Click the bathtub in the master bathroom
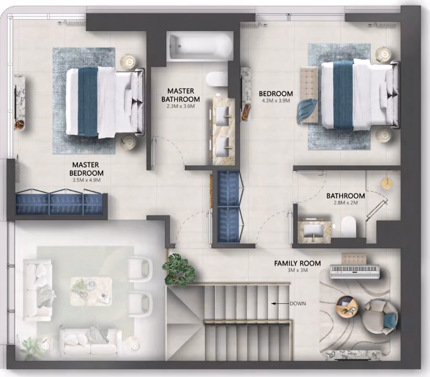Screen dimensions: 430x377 click(x=200, y=47)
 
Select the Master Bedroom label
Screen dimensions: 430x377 click(x=87, y=169)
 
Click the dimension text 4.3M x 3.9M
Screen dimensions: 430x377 click(x=276, y=101)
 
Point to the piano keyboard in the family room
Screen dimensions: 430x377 click(x=355, y=272)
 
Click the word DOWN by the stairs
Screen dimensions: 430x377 click(x=298, y=304)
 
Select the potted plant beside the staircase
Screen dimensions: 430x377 click(x=179, y=270)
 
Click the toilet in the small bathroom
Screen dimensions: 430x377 click(x=349, y=226)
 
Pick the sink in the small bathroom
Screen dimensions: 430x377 click(x=314, y=230)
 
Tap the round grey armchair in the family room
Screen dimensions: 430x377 click(x=380, y=317)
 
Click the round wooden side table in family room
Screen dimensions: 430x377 click(x=347, y=307)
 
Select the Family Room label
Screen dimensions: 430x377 click(x=298, y=263)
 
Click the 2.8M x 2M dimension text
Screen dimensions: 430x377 click(x=346, y=203)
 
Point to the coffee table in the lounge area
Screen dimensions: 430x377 click(x=91, y=291)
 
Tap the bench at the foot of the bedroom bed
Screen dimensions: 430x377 click(x=309, y=95)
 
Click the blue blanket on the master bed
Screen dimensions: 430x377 click(x=88, y=102)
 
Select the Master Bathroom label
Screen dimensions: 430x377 click(x=181, y=95)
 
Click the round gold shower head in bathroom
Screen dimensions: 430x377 click(x=386, y=183)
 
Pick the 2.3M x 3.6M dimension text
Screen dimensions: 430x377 click(x=181, y=106)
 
